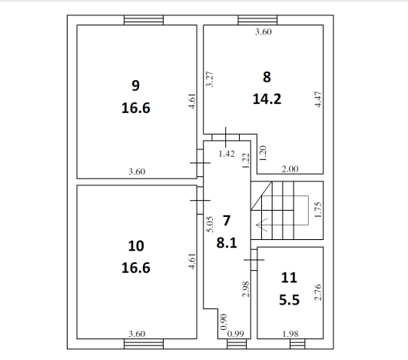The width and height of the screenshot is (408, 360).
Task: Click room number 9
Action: pos(135,85)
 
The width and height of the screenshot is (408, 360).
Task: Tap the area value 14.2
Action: pos(267,99)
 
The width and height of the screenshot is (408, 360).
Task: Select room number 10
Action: pos(136,246)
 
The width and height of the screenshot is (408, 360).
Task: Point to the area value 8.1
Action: pos(227,243)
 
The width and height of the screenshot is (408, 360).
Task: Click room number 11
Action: pos(289,278)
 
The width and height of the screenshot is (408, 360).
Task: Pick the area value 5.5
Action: pos(290,300)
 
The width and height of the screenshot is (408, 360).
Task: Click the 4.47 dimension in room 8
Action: pos(318,99)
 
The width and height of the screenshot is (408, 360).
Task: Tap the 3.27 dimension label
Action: pos(210,79)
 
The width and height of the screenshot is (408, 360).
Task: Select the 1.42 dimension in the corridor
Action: pos(227,154)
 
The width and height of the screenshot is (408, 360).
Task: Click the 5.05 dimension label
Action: pos(210,224)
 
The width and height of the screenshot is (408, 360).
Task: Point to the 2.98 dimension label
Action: pos(246,289)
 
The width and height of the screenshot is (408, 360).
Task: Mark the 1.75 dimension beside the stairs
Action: pos(318,210)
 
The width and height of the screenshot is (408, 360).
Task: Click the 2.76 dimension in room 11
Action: pos(318,292)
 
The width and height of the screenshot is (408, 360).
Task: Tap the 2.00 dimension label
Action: pos(290,169)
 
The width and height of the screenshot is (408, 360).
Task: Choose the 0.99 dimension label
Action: pos(236,334)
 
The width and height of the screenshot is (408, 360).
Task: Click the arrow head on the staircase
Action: pos(261,225)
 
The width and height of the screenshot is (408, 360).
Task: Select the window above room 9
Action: pos(144,20)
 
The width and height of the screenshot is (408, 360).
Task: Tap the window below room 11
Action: pos(297,344)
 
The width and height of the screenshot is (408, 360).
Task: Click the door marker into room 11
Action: pos(254,260)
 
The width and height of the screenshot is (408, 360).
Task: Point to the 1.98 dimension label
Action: pos(290,334)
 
